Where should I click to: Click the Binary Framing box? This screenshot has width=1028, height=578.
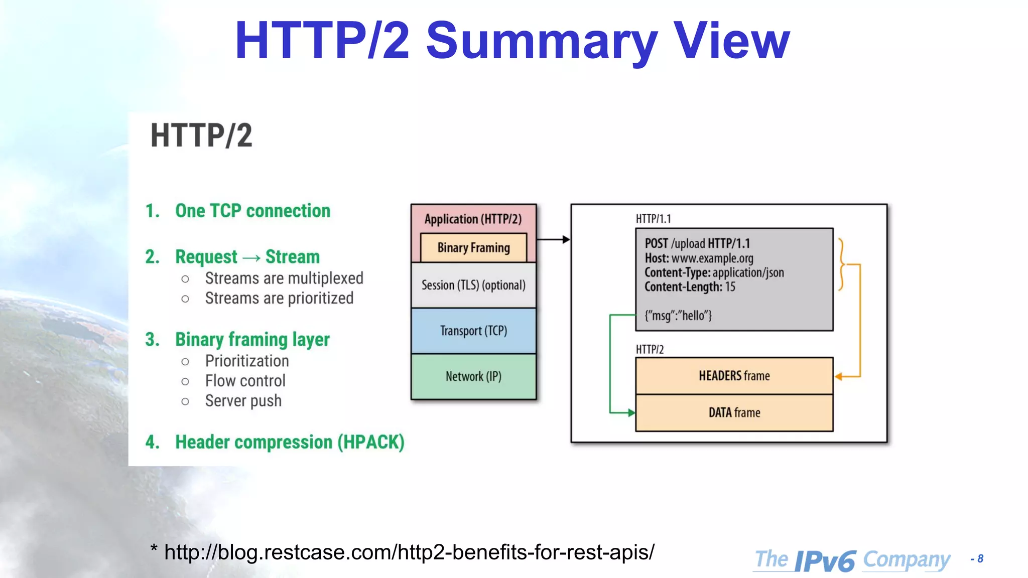tap(473, 247)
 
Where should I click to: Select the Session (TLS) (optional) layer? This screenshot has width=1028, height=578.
tap(473, 285)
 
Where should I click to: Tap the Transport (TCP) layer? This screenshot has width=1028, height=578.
tap(473, 331)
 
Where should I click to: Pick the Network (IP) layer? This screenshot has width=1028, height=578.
tap(473, 376)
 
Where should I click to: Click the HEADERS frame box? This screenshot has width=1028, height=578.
tap(734, 376)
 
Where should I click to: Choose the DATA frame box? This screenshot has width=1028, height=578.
tap(734, 412)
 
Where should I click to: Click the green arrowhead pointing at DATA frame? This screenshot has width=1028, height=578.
tap(631, 412)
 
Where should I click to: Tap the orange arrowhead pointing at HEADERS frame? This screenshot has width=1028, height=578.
tap(839, 376)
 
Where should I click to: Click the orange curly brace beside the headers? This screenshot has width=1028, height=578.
tap(841, 264)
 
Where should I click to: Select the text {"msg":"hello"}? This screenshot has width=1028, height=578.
tap(678, 316)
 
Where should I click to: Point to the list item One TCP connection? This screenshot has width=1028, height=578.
tap(252, 211)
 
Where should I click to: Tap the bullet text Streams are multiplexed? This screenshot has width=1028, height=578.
tap(284, 278)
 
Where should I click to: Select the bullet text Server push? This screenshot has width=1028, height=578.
tap(243, 401)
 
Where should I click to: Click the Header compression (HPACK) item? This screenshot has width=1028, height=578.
tap(290, 442)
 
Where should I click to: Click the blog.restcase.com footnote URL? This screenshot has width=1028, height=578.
tap(409, 552)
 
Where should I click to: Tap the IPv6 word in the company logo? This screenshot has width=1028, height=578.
tap(825, 560)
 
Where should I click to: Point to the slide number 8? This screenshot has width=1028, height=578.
tap(980, 558)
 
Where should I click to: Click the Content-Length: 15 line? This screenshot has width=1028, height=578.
tap(690, 287)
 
